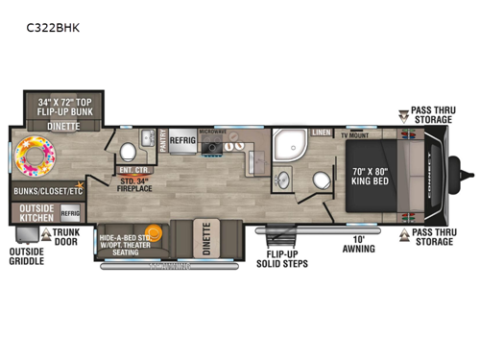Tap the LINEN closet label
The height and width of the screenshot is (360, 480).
pos(321,135)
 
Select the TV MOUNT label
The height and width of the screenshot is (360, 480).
pos(356,136)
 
